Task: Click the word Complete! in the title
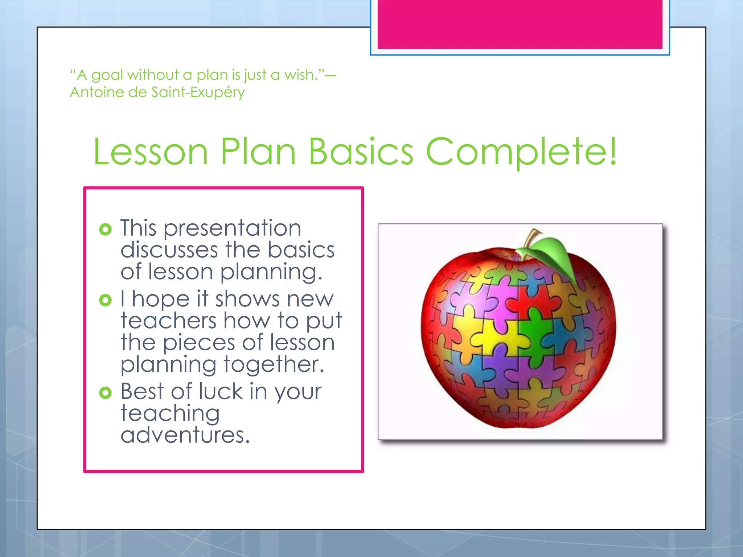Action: tap(521, 152)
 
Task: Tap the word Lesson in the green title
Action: tap(151, 152)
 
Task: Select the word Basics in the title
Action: tap(361, 152)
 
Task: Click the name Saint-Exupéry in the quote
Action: tap(198, 92)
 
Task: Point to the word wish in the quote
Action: tap(299, 75)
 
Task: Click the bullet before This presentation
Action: tap(105, 229)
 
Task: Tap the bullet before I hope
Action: tap(105, 300)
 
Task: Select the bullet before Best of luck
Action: tap(105, 392)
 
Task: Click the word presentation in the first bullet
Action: tap(232, 228)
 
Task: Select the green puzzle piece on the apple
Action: tap(535, 332)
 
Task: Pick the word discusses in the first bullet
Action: tap(169, 250)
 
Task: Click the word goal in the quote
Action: tap(107, 75)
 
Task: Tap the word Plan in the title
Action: tap(258, 152)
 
